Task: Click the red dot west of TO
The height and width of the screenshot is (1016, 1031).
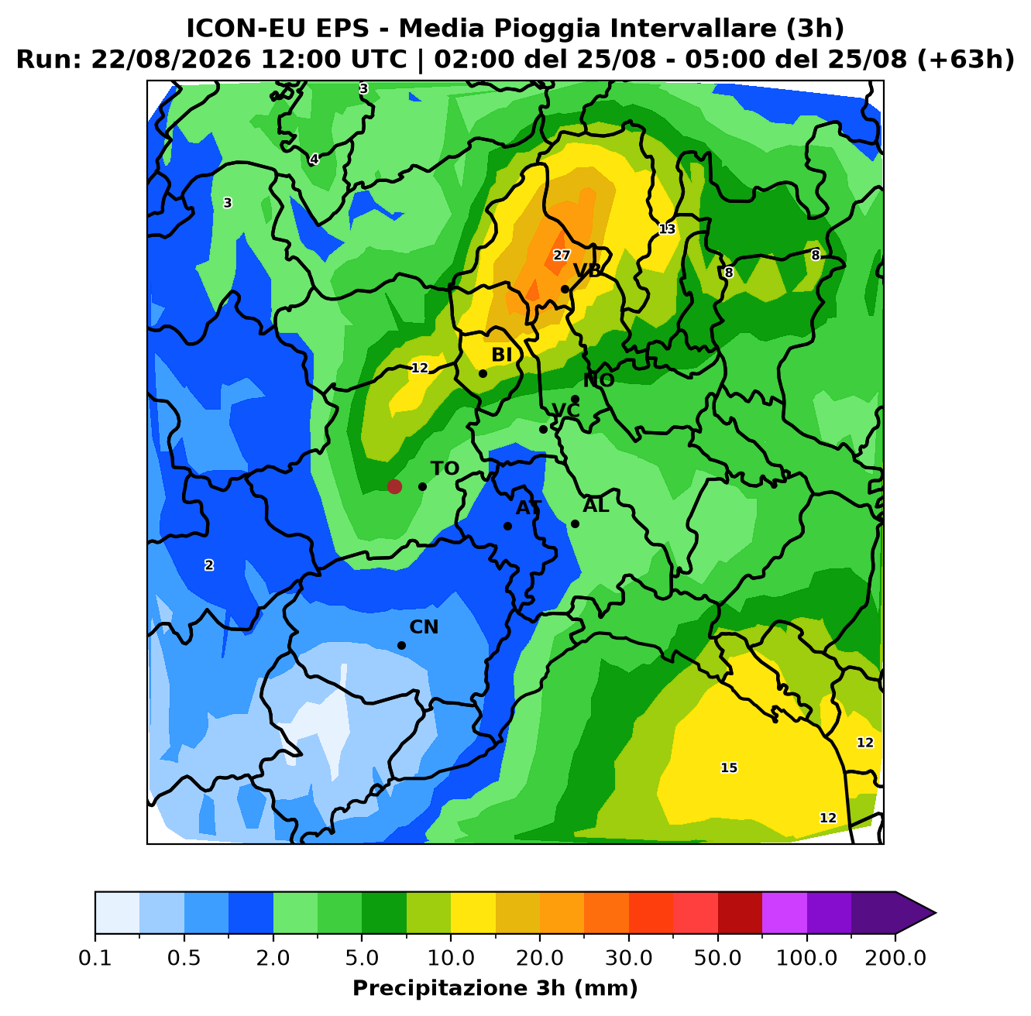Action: click(x=394, y=486)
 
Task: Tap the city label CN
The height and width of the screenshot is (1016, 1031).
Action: click(x=424, y=627)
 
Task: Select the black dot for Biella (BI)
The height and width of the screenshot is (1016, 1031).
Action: click(x=483, y=373)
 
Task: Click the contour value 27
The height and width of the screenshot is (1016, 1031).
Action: click(x=562, y=256)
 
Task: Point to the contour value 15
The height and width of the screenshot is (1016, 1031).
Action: click(x=729, y=767)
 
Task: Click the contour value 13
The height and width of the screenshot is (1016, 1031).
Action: click(x=667, y=229)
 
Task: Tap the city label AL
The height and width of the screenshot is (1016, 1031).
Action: click(x=596, y=505)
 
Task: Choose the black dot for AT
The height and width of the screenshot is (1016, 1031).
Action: click(x=507, y=526)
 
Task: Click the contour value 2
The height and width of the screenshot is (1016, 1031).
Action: click(x=209, y=565)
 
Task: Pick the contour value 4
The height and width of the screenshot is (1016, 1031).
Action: click(x=314, y=159)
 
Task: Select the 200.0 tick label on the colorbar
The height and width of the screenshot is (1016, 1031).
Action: click(x=895, y=958)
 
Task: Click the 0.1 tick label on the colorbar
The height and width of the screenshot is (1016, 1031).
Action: click(x=95, y=958)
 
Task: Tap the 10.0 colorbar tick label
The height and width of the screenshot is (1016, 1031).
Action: click(x=451, y=958)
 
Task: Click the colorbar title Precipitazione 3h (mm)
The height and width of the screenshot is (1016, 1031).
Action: click(x=496, y=987)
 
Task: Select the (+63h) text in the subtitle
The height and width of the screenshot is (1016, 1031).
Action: click(x=965, y=60)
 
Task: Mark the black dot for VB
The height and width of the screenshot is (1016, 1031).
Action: click(x=565, y=290)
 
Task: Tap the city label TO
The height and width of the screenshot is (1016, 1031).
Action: click(x=445, y=469)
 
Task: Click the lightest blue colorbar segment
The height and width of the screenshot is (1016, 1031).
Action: click(x=117, y=913)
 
